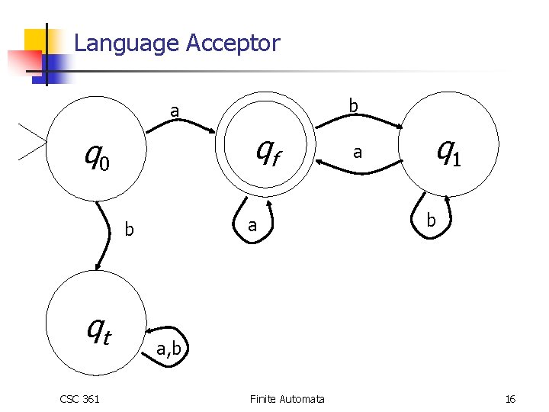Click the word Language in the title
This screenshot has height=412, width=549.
click(x=126, y=43)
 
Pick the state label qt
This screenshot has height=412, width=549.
click(x=99, y=330)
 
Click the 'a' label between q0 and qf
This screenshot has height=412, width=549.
click(x=175, y=111)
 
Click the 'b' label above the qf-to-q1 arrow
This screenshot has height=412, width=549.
click(x=353, y=105)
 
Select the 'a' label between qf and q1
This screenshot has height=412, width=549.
click(x=355, y=153)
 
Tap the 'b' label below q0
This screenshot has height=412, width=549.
click(x=130, y=229)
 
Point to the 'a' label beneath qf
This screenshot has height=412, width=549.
click(x=251, y=227)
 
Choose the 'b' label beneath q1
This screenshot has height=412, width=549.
click(x=431, y=221)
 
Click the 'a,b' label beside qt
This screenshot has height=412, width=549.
click(x=169, y=349)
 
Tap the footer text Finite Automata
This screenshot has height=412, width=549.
click(x=287, y=399)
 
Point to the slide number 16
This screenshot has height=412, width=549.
click(x=510, y=399)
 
